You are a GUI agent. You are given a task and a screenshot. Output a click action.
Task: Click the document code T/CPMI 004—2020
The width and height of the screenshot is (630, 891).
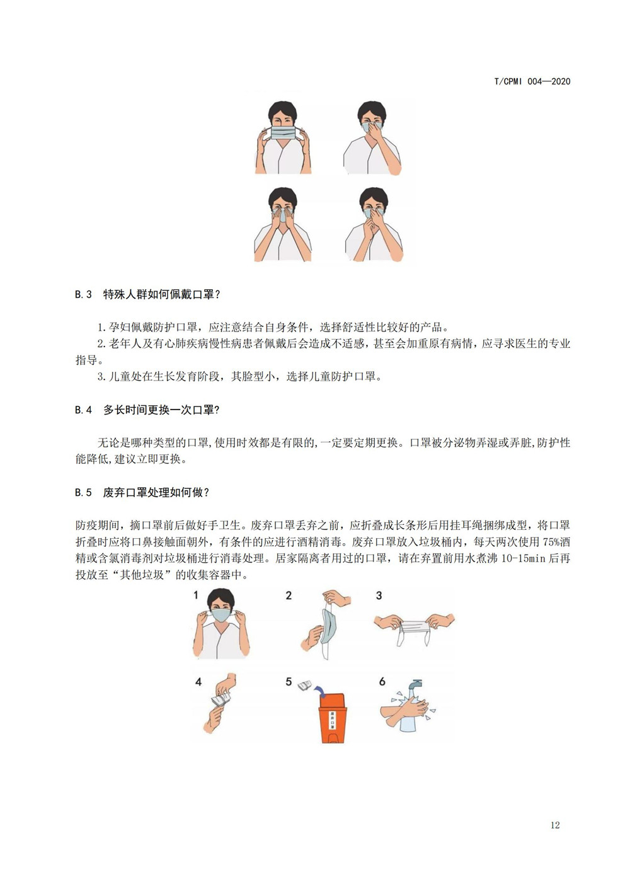[x=532, y=81]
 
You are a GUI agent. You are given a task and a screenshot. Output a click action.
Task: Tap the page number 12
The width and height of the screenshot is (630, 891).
[x=554, y=825]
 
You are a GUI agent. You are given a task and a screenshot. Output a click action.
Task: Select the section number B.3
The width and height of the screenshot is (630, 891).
[x=83, y=294]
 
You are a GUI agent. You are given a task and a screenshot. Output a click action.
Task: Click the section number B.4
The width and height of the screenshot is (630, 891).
[x=83, y=410]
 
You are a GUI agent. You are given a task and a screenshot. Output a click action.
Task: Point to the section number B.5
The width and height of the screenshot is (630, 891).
[x=83, y=492]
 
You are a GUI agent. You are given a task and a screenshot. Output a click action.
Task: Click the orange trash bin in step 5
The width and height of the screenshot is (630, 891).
[x=332, y=718]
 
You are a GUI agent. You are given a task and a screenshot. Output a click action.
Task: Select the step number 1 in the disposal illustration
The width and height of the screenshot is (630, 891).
[x=196, y=595]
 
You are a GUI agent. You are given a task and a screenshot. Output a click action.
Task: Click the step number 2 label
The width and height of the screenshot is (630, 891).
[x=289, y=595]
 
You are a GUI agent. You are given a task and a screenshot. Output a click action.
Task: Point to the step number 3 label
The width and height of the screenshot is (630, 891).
[x=379, y=595]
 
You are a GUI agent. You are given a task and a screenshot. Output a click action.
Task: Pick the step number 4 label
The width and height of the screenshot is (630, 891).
[x=198, y=682]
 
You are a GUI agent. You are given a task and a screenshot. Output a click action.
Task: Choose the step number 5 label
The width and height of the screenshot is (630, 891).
[x=289, y=682]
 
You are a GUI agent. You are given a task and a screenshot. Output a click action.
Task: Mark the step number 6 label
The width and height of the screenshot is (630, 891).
[x=382, y=682]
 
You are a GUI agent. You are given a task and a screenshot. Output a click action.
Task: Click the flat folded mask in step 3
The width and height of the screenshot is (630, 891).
[x=413, y=626]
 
